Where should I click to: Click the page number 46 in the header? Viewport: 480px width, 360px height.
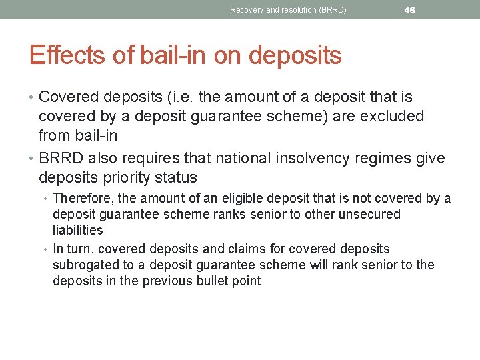(x=409, y=10)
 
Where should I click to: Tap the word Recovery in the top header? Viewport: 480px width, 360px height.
(x=247, y=10)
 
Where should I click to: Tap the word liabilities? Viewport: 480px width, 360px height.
(x=78, y=230)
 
